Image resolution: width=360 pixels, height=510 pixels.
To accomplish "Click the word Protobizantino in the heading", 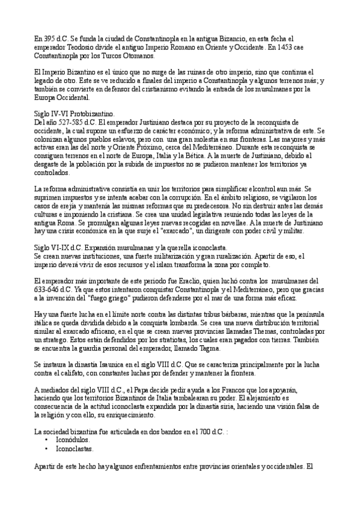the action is click(94, 114).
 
